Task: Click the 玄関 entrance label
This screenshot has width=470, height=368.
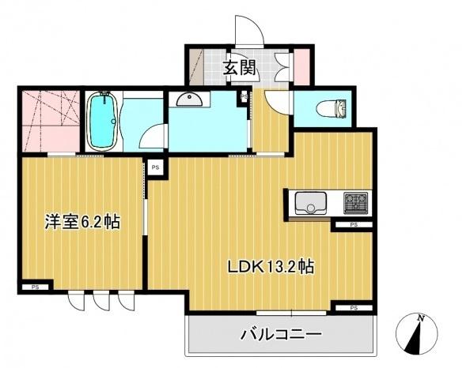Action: point(238,68)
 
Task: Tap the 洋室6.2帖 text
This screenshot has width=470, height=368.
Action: point(81,223)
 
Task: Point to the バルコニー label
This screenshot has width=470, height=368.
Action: point(281,335)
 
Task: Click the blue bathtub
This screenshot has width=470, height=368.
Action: point(102,122)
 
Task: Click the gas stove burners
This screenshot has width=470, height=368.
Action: point(354,202)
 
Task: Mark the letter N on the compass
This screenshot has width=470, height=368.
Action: point(422,319)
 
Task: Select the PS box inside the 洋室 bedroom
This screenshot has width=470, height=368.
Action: point(35,287)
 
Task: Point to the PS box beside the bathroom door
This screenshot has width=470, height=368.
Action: point(156,167)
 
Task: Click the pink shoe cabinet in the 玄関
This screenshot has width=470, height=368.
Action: point(301,68)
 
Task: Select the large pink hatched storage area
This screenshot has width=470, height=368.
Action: point(50,122)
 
